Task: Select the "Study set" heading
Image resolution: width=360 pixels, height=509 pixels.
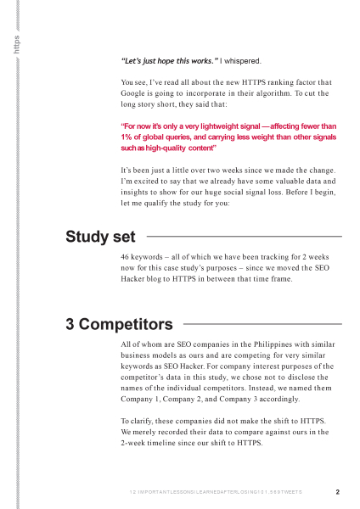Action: pyautogui.click(x=100, y=237)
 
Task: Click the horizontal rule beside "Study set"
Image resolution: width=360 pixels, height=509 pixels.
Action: pyautogui.click(x=245, y=237)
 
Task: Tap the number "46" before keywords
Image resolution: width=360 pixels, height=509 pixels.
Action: pyautogui.click(x=127, y=257)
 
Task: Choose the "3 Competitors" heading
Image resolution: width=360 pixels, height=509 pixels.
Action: pyautogui.click(x=119, y=324)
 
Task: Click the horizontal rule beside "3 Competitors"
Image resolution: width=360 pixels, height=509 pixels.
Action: pyautogui.click(x=263, y=324)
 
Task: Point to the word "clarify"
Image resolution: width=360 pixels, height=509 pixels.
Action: pyautogui.click(x=146, y=421)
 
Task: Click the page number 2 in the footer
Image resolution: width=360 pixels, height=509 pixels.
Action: pyautogui.click(x=337, y=492)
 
